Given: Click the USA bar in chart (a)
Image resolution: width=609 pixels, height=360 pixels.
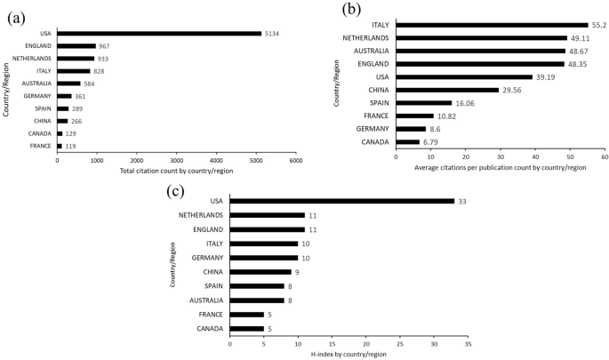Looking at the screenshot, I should coord(159,34).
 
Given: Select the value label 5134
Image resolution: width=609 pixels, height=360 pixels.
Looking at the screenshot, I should coord(273,34).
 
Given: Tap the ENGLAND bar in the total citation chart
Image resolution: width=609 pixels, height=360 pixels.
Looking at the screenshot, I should coord(76,46).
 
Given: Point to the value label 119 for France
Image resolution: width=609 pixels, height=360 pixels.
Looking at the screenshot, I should coord(70,146).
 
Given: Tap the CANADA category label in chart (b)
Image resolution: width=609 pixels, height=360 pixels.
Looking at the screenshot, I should coord(373,141).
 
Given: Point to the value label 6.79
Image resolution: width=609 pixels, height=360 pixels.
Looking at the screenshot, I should coord(431,141).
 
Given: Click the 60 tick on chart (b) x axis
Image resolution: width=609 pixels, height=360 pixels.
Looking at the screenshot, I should coord(604,156).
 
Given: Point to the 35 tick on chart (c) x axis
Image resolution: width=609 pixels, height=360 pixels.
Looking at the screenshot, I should coord(468,343).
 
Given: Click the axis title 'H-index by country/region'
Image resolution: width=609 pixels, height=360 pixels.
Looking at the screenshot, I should coord(349,354).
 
